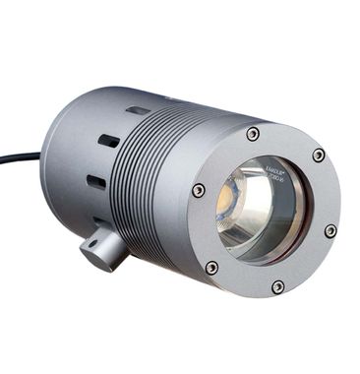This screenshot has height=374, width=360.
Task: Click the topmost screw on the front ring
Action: coord(254,134)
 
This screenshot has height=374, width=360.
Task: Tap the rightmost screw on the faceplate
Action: coord(330,230)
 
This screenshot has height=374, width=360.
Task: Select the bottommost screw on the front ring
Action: coord(278,286)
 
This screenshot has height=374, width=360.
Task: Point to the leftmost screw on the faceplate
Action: coord(199,190)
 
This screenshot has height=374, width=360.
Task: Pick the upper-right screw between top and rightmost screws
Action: coord(319,156)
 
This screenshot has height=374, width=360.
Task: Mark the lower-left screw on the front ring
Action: coord(211,267)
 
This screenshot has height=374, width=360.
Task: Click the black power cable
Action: coord(20,156)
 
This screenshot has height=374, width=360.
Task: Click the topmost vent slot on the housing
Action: coord(139,111)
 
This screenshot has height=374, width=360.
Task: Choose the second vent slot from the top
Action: coord(109,141)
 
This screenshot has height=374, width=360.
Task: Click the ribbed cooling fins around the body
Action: coord(148,187)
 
